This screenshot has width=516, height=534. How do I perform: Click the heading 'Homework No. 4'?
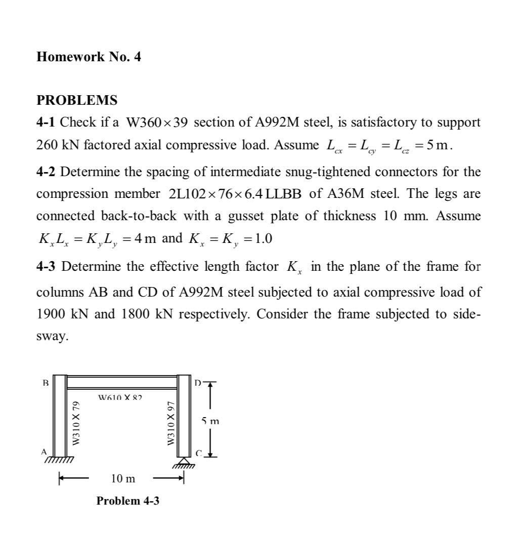89,57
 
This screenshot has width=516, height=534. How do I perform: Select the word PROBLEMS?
77,100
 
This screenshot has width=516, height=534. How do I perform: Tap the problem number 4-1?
47,122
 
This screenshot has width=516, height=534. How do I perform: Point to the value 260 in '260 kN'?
48,145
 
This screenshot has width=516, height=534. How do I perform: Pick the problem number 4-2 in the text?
47,172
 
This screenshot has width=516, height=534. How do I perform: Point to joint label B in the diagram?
46,383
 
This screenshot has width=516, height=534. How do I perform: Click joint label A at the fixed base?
44,451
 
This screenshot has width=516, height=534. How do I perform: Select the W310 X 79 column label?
76,423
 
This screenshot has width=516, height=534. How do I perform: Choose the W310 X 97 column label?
171,423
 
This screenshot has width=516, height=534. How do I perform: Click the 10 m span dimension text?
123,478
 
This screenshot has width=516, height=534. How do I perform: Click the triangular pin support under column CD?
184,461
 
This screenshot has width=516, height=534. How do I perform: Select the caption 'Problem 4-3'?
127,501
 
